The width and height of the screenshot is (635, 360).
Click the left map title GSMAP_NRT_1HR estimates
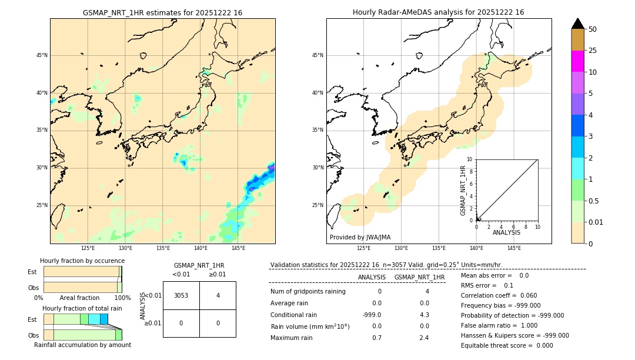coord(162,12)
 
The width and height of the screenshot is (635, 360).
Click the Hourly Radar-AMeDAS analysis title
coord(438,12)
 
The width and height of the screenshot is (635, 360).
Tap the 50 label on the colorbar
coord(593,29)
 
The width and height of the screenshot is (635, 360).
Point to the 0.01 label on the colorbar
coord(596,222)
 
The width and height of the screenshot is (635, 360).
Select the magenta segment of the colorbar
coord(577,61)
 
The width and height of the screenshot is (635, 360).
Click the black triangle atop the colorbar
coord(577,24)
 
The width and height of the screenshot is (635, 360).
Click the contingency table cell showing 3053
coord(181,295)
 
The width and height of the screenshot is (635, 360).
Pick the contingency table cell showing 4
coord(218,295)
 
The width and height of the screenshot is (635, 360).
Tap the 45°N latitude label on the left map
coord(42,55)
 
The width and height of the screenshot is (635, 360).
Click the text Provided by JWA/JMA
coord(360,237)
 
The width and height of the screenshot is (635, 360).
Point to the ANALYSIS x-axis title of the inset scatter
coord(506,232)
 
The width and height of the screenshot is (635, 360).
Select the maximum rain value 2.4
coord(424,338)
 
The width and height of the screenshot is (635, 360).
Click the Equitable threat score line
coord(507,345)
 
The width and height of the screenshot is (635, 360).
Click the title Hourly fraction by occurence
coord(82,261)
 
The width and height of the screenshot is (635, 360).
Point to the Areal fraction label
coord(79,298)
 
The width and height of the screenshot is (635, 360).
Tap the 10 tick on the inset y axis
coord(470,159)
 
